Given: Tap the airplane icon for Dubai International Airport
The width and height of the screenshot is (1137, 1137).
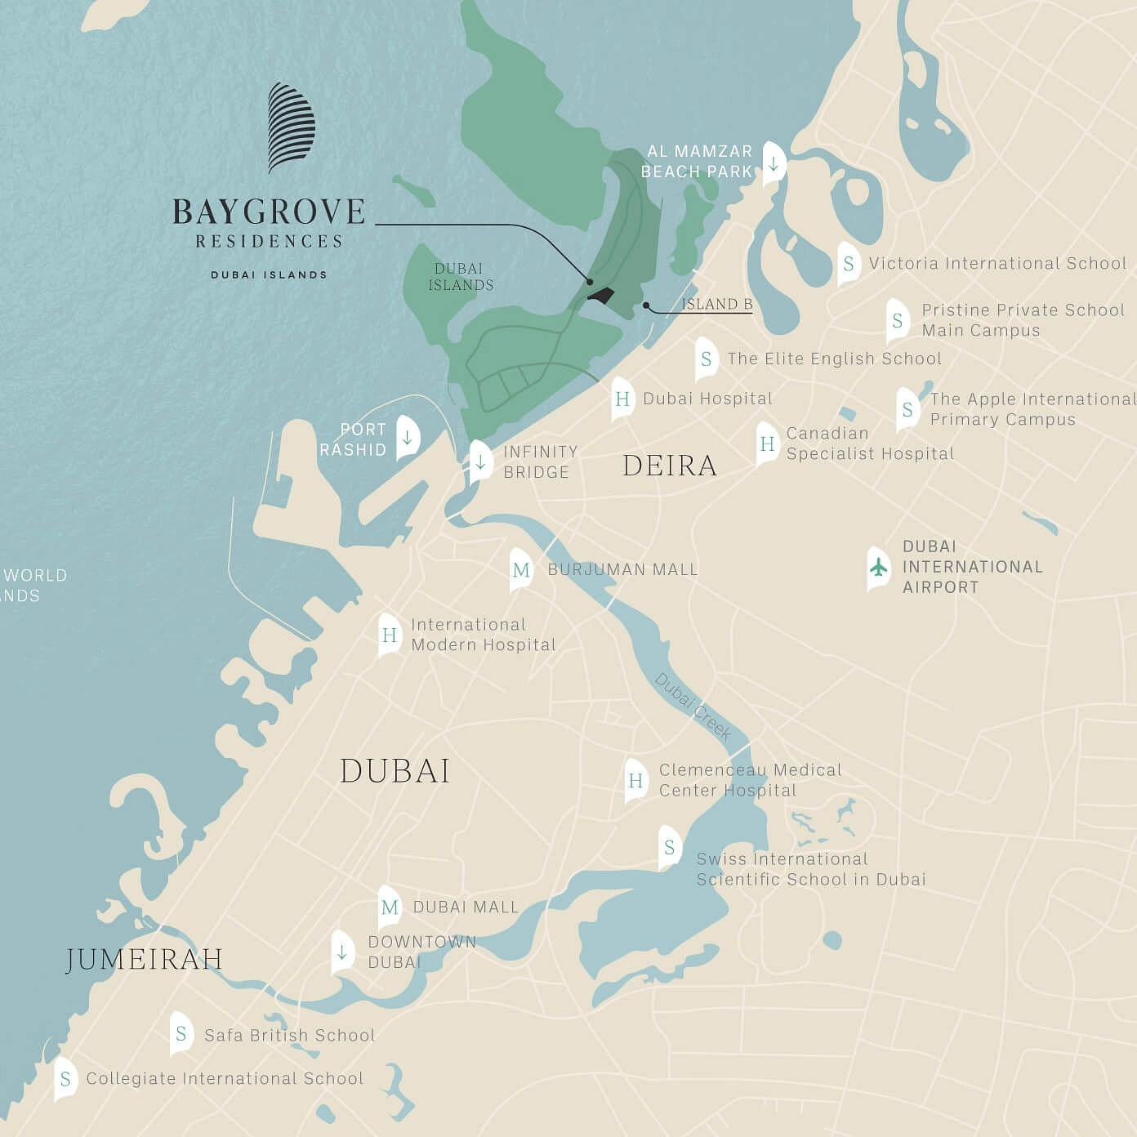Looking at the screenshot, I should pyautogui.click(x=878, y=567).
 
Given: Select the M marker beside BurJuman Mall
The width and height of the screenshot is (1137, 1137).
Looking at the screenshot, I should pyautogui.click(x=521, y=569).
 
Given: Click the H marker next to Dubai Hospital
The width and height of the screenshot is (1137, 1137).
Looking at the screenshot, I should pyautogui.click(x=622, y=399).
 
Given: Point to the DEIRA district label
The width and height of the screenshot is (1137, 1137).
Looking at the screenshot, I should pyautogui.click(x=670, y=466).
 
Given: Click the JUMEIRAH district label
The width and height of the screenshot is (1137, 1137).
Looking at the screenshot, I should pyautogui.click(x=144, y=959).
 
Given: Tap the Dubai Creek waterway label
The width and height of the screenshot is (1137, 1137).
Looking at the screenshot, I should pyautogui.click(x=693, y=707).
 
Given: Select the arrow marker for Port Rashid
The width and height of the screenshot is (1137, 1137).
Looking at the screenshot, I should pyautogui.click(x=407, y=437).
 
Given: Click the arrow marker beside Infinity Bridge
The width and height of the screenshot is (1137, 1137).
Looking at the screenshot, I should pyautogui.click(x=480, y=461).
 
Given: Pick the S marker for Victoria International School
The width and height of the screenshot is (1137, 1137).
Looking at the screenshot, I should pyautogui.click(x=849, y=263).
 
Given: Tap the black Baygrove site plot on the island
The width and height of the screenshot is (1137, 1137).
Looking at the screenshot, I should pyautogui.click(x=601, y=296).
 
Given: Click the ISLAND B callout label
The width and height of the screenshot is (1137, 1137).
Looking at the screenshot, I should pyautogui.click(x=716, y=304).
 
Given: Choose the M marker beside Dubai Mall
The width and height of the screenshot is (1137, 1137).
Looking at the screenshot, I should pyautogui.click(x=390, y=907).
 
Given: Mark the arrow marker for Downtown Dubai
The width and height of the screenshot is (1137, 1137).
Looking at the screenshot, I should pyautogui.click(x=342, y=952).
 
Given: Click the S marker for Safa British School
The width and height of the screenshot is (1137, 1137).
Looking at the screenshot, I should pyautogui.click(x=181, y=1034).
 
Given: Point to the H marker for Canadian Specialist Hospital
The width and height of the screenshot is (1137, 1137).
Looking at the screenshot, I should pyautogui.click(x=767, y=444).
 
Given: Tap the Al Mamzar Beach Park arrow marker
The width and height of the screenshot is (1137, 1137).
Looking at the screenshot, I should pyautogui.click(x=773, y=163).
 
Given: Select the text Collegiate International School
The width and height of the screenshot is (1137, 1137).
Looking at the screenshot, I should pyautogui.click(x=225, y=1078).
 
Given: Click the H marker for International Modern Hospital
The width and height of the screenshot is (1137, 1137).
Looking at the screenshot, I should pyautogui.click(x=390, y=635).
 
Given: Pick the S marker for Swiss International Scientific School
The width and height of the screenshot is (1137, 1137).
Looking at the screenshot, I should pyautogui.click(x=670, y=847).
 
